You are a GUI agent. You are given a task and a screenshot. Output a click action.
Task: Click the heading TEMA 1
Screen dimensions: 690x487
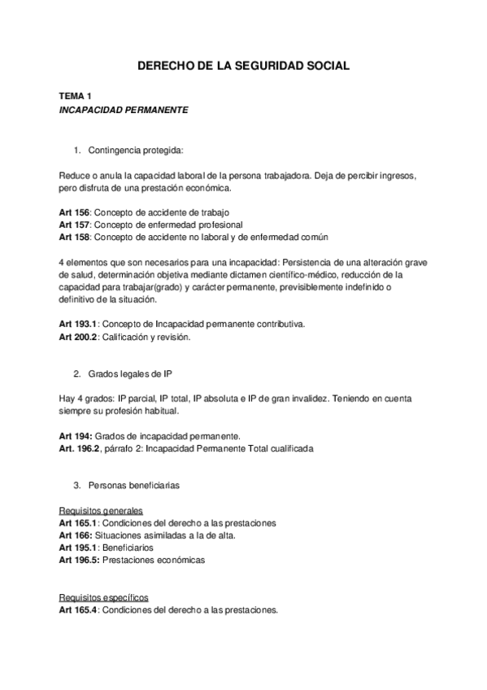(74, 96)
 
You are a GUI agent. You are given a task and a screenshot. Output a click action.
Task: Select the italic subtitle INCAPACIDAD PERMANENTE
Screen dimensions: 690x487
(124, 110)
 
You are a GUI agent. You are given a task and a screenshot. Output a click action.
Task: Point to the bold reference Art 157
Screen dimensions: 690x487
(74, 225)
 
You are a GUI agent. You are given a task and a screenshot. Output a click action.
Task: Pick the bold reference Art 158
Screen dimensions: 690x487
(74, 237)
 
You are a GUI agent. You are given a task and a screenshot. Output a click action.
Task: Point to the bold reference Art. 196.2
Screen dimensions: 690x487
(80, 448)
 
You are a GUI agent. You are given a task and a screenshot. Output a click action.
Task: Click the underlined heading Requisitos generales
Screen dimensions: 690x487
(101, 511)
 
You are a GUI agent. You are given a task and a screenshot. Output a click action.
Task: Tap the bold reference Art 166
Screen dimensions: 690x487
(75, 535)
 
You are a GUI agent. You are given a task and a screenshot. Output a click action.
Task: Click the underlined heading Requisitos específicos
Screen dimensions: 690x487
(103, 597)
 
